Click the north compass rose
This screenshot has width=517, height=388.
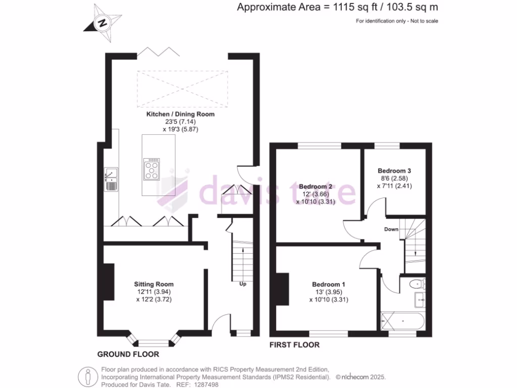tap(104, 23)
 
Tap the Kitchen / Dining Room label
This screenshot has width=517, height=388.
tap(180, 114)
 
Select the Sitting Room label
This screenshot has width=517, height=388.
tap(153, 284)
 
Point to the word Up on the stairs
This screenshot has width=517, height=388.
tap(242, 284)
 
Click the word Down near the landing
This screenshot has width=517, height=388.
tap(391, 229)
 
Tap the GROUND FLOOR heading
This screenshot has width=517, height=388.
tap(128, 354)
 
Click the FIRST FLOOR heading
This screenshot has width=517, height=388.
tap(294, 345)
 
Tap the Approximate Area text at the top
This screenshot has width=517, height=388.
tap(338, 7)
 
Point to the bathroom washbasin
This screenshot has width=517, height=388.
tap(420, 300)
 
